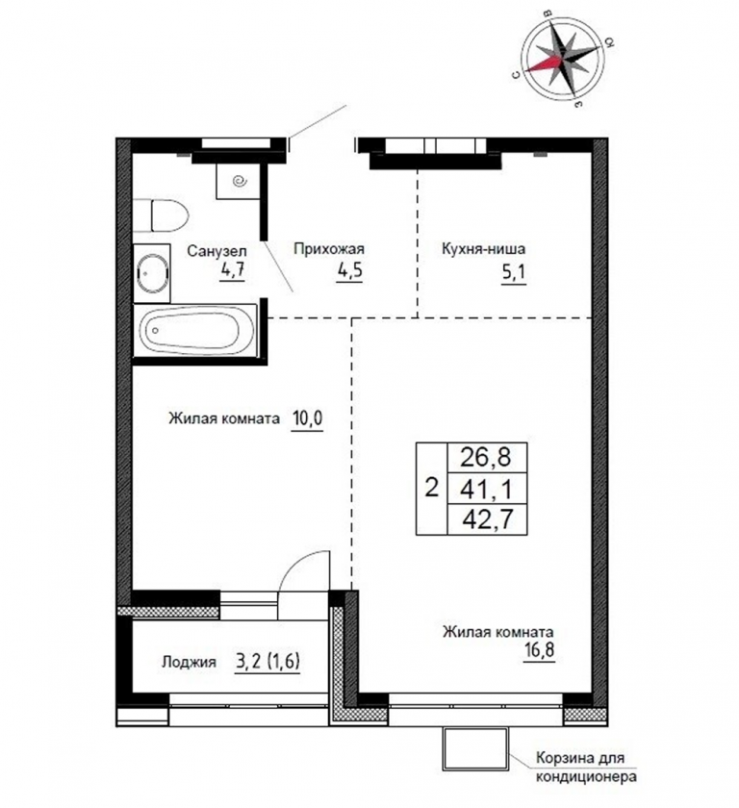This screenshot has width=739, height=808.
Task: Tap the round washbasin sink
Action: pos(152,273)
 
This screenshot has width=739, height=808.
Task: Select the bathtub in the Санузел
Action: pos(194,330)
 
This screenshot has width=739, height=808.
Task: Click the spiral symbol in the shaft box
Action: pos(240,181)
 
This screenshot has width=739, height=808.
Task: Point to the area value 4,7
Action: pos(231,270)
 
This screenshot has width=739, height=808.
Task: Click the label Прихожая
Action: pos(329,249)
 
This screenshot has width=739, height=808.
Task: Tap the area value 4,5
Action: pos(349,270)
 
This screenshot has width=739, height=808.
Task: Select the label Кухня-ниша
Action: pos(483,249)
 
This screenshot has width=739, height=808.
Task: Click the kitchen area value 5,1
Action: pos(514,271)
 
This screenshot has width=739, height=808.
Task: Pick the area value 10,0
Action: pos(307,417)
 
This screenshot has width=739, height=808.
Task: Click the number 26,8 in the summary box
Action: pos(486,457)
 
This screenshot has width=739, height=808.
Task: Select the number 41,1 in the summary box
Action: pos(487,489)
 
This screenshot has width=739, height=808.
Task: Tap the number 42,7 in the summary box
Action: pos(488,519)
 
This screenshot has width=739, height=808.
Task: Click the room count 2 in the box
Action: pos(432,487)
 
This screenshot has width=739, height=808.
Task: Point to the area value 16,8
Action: pos(539,649)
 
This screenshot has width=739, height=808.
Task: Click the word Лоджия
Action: pos(189,662)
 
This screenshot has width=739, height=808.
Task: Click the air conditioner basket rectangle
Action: pos(475,748)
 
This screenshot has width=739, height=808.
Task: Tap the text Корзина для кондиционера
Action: pos(586,767)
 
